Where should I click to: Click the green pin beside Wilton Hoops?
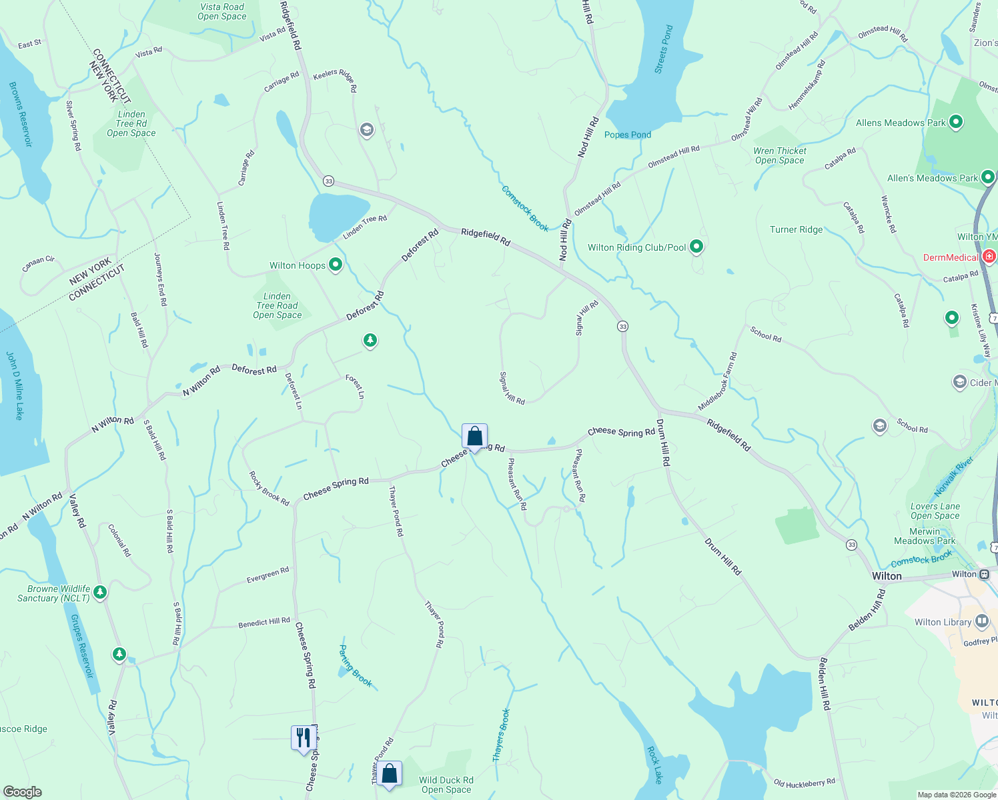[336, 265]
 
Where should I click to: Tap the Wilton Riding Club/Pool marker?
[696, 247]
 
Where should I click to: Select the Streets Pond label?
[664, 49]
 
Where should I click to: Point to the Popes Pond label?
[627, 135]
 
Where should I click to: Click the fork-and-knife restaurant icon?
[304, 737]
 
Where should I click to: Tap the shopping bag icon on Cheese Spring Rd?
[474, 437]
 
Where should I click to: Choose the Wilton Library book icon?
[981, 622]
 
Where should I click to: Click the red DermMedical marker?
[989, 257]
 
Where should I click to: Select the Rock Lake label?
[655, 765]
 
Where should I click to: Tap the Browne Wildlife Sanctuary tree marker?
[100, 591]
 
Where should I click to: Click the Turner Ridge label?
[796, 229]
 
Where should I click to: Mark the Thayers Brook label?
[501, 735]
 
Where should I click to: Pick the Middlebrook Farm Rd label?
[718, 381]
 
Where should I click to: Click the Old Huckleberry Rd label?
[804, 783]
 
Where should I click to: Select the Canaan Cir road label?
[38, 264]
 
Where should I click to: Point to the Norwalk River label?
[953, 477]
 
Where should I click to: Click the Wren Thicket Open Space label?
[779, 155]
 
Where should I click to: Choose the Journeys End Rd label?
[160, 279]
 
